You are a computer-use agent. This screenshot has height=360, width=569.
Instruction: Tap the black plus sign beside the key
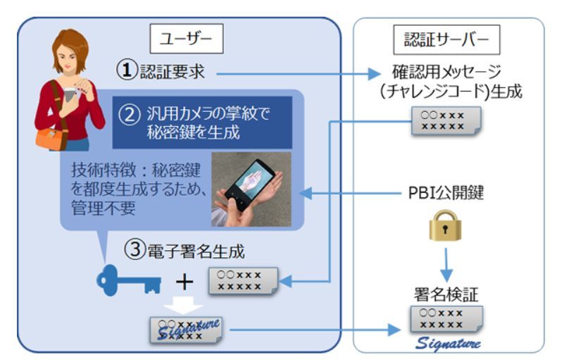click(185, 283)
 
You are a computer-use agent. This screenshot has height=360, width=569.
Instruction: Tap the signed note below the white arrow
click(186, 329)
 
